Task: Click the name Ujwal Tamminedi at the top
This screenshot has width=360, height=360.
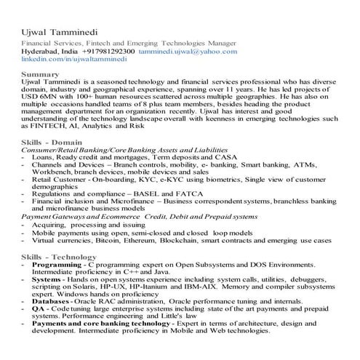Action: pos(64,32)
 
